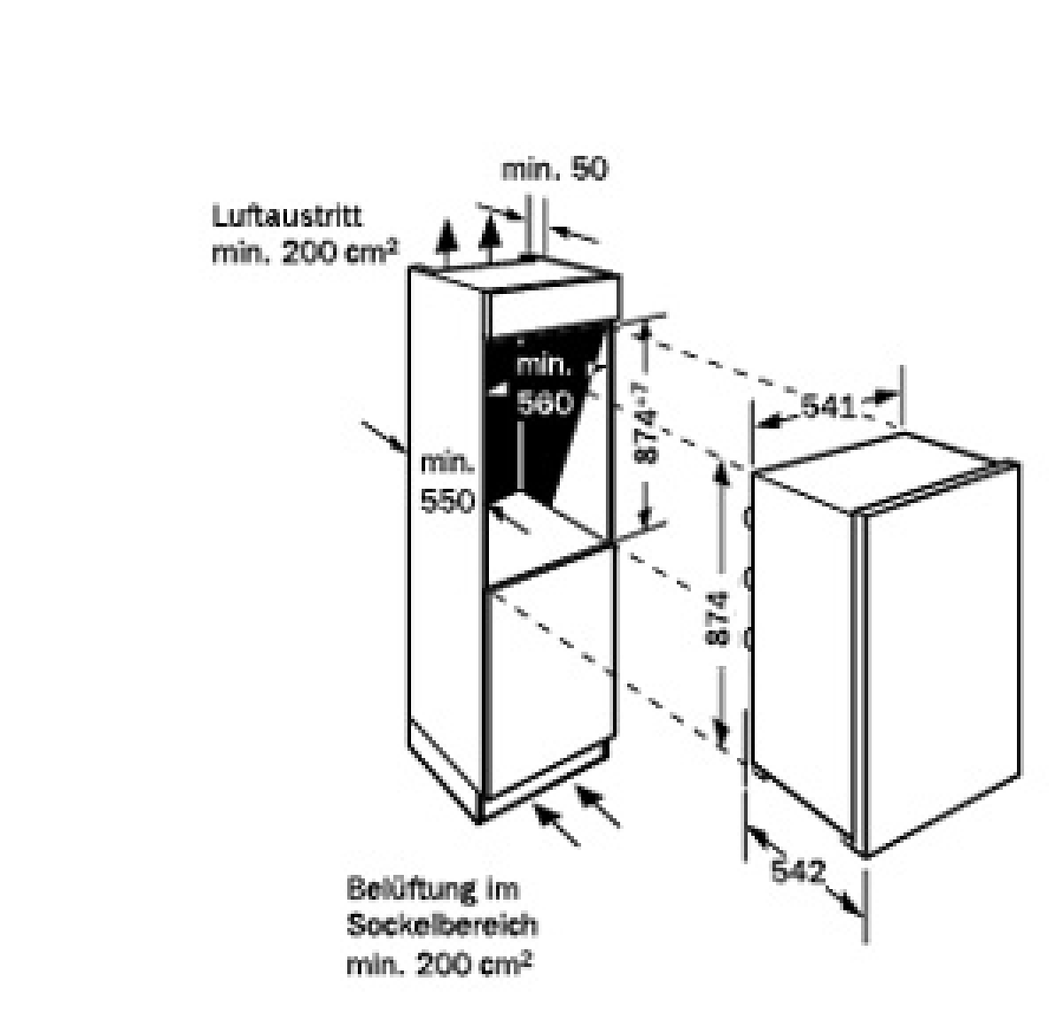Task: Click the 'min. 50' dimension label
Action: [555, 169]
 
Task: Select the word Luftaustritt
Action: [286, 216]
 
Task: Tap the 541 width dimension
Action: [827, 406]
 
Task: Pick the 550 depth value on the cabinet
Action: [447, 502]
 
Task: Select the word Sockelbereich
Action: [442, 925]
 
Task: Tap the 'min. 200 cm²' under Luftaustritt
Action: [306, 251]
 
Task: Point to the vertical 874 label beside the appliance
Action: [719, 618]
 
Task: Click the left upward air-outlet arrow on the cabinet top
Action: [446, 242]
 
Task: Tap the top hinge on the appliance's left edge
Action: [748, 517]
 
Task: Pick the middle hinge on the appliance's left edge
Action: [748, 578]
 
